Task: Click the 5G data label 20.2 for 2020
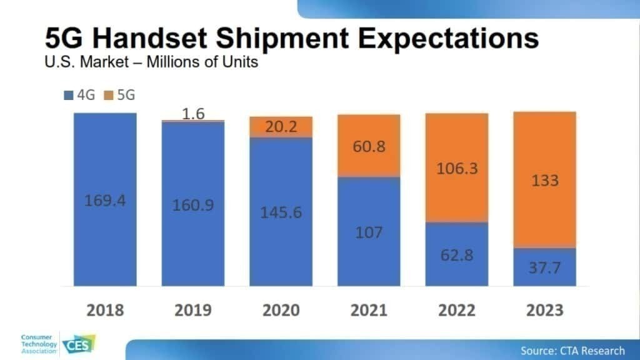click(x=281, y=126)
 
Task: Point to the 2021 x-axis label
click(x=368, y=310)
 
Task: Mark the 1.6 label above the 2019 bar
click(x=192, y=114)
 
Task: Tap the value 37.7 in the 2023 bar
click(x=544, y=268)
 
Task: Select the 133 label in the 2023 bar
click(x=544, y=181)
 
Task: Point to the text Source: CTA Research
click(x=572, y=350)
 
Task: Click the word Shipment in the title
click(x=283, y=39)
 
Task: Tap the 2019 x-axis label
click(x=192, y=310)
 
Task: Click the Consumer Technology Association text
click(x=39, y=344)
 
